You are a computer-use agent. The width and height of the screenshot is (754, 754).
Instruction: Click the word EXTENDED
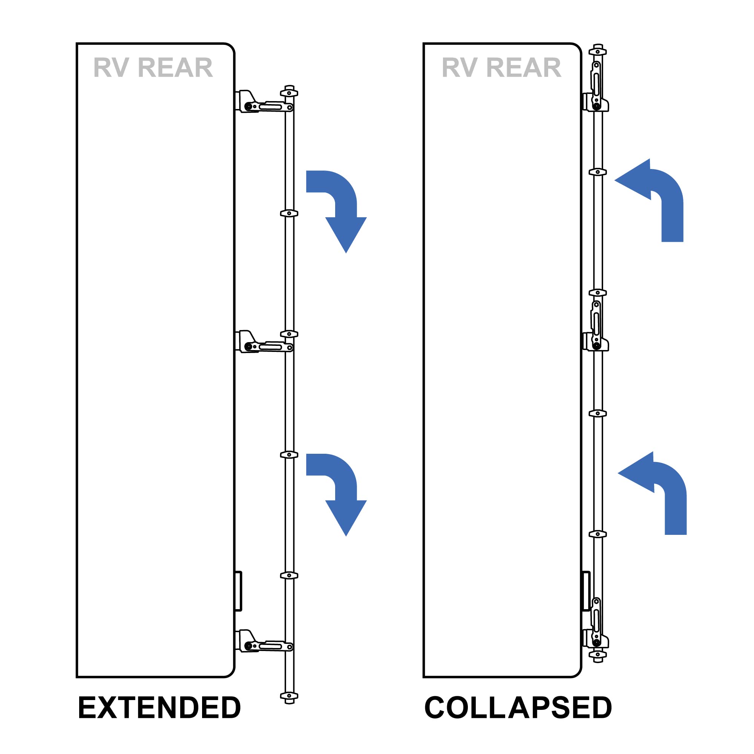pyautogui.click(x=159, y=708)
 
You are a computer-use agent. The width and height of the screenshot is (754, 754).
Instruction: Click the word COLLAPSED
pyautogui.click(x=518, y=708)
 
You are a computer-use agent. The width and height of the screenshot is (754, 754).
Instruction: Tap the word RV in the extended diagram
pyautogui.click(x=111, y=68)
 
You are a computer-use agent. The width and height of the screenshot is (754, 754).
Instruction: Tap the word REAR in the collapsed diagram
pyautogui.click(x=523, y=68)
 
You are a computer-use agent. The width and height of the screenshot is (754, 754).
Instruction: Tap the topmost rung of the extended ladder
pyautogui.click(x=289, y=93)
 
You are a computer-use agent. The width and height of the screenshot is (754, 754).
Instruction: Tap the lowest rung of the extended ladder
pyautogui.click(x=289, y=696)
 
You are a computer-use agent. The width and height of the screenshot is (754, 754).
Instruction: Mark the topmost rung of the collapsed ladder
pyautogui.click(x=598, y=52)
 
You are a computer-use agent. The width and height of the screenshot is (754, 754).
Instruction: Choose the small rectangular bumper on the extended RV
pyautogui.click(x=239, y=591)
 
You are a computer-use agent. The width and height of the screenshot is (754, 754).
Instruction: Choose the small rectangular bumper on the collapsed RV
pyautogui.click(x=586, y=591)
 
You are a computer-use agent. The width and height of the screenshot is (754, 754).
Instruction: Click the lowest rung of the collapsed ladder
pyautogui.click(x=598, y=654)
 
